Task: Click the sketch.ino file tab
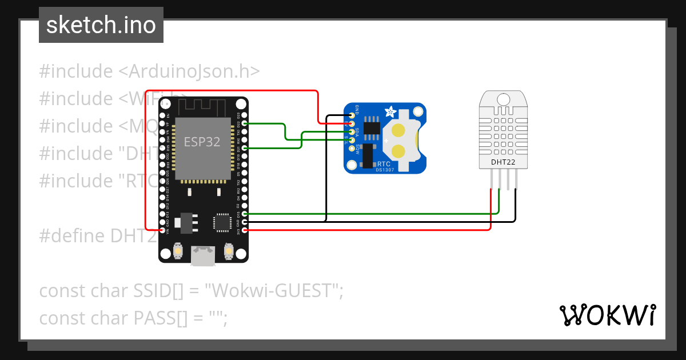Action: pyautogui.click(x=101, y=25)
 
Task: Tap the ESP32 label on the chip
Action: pyautogui.click(x=202, y=142)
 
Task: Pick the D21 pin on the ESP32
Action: pyautogui.click(x=245, y=148)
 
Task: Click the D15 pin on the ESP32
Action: pyautogui.click(x=245, y=214)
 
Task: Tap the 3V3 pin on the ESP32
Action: pyautogui.click(x=245, y=230)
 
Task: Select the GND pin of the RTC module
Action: pyautogui.click(x=352, y=116)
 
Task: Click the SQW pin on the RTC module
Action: pyautogui.click(x=352, y=148)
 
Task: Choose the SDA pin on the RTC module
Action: pyautogui.click(x=352, y=132)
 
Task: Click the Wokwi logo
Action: pyautogui.click(x=608, y=315)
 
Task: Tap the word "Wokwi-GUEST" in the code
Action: pyautogui.click(x=272, y=291)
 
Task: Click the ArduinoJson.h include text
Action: pyautogui.click(x=189, y=71)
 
